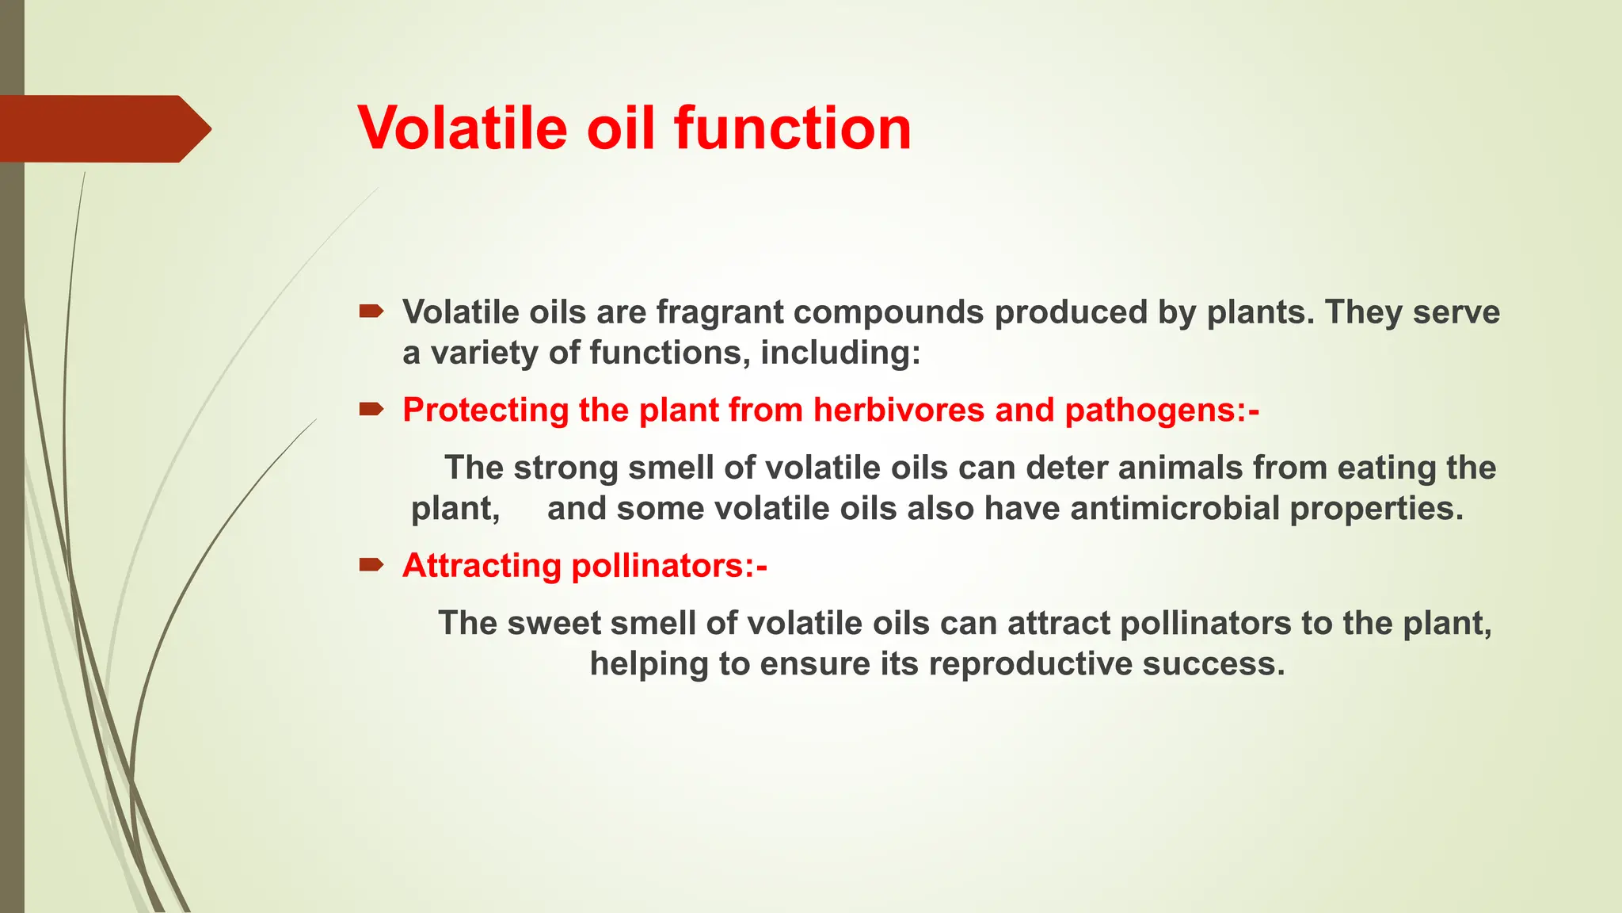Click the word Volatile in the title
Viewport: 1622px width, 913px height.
pos(463,128)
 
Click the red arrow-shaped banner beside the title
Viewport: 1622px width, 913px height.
pos(103,128)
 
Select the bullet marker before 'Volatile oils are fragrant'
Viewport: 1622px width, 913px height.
pos(371,311)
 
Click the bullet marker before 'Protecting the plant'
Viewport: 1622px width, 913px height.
pos(371,410)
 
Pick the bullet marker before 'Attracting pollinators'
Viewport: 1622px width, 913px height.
pos(371,565)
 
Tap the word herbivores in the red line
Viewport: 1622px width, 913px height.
pos(899,411)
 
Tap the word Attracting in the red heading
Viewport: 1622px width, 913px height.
pos(482,566)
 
